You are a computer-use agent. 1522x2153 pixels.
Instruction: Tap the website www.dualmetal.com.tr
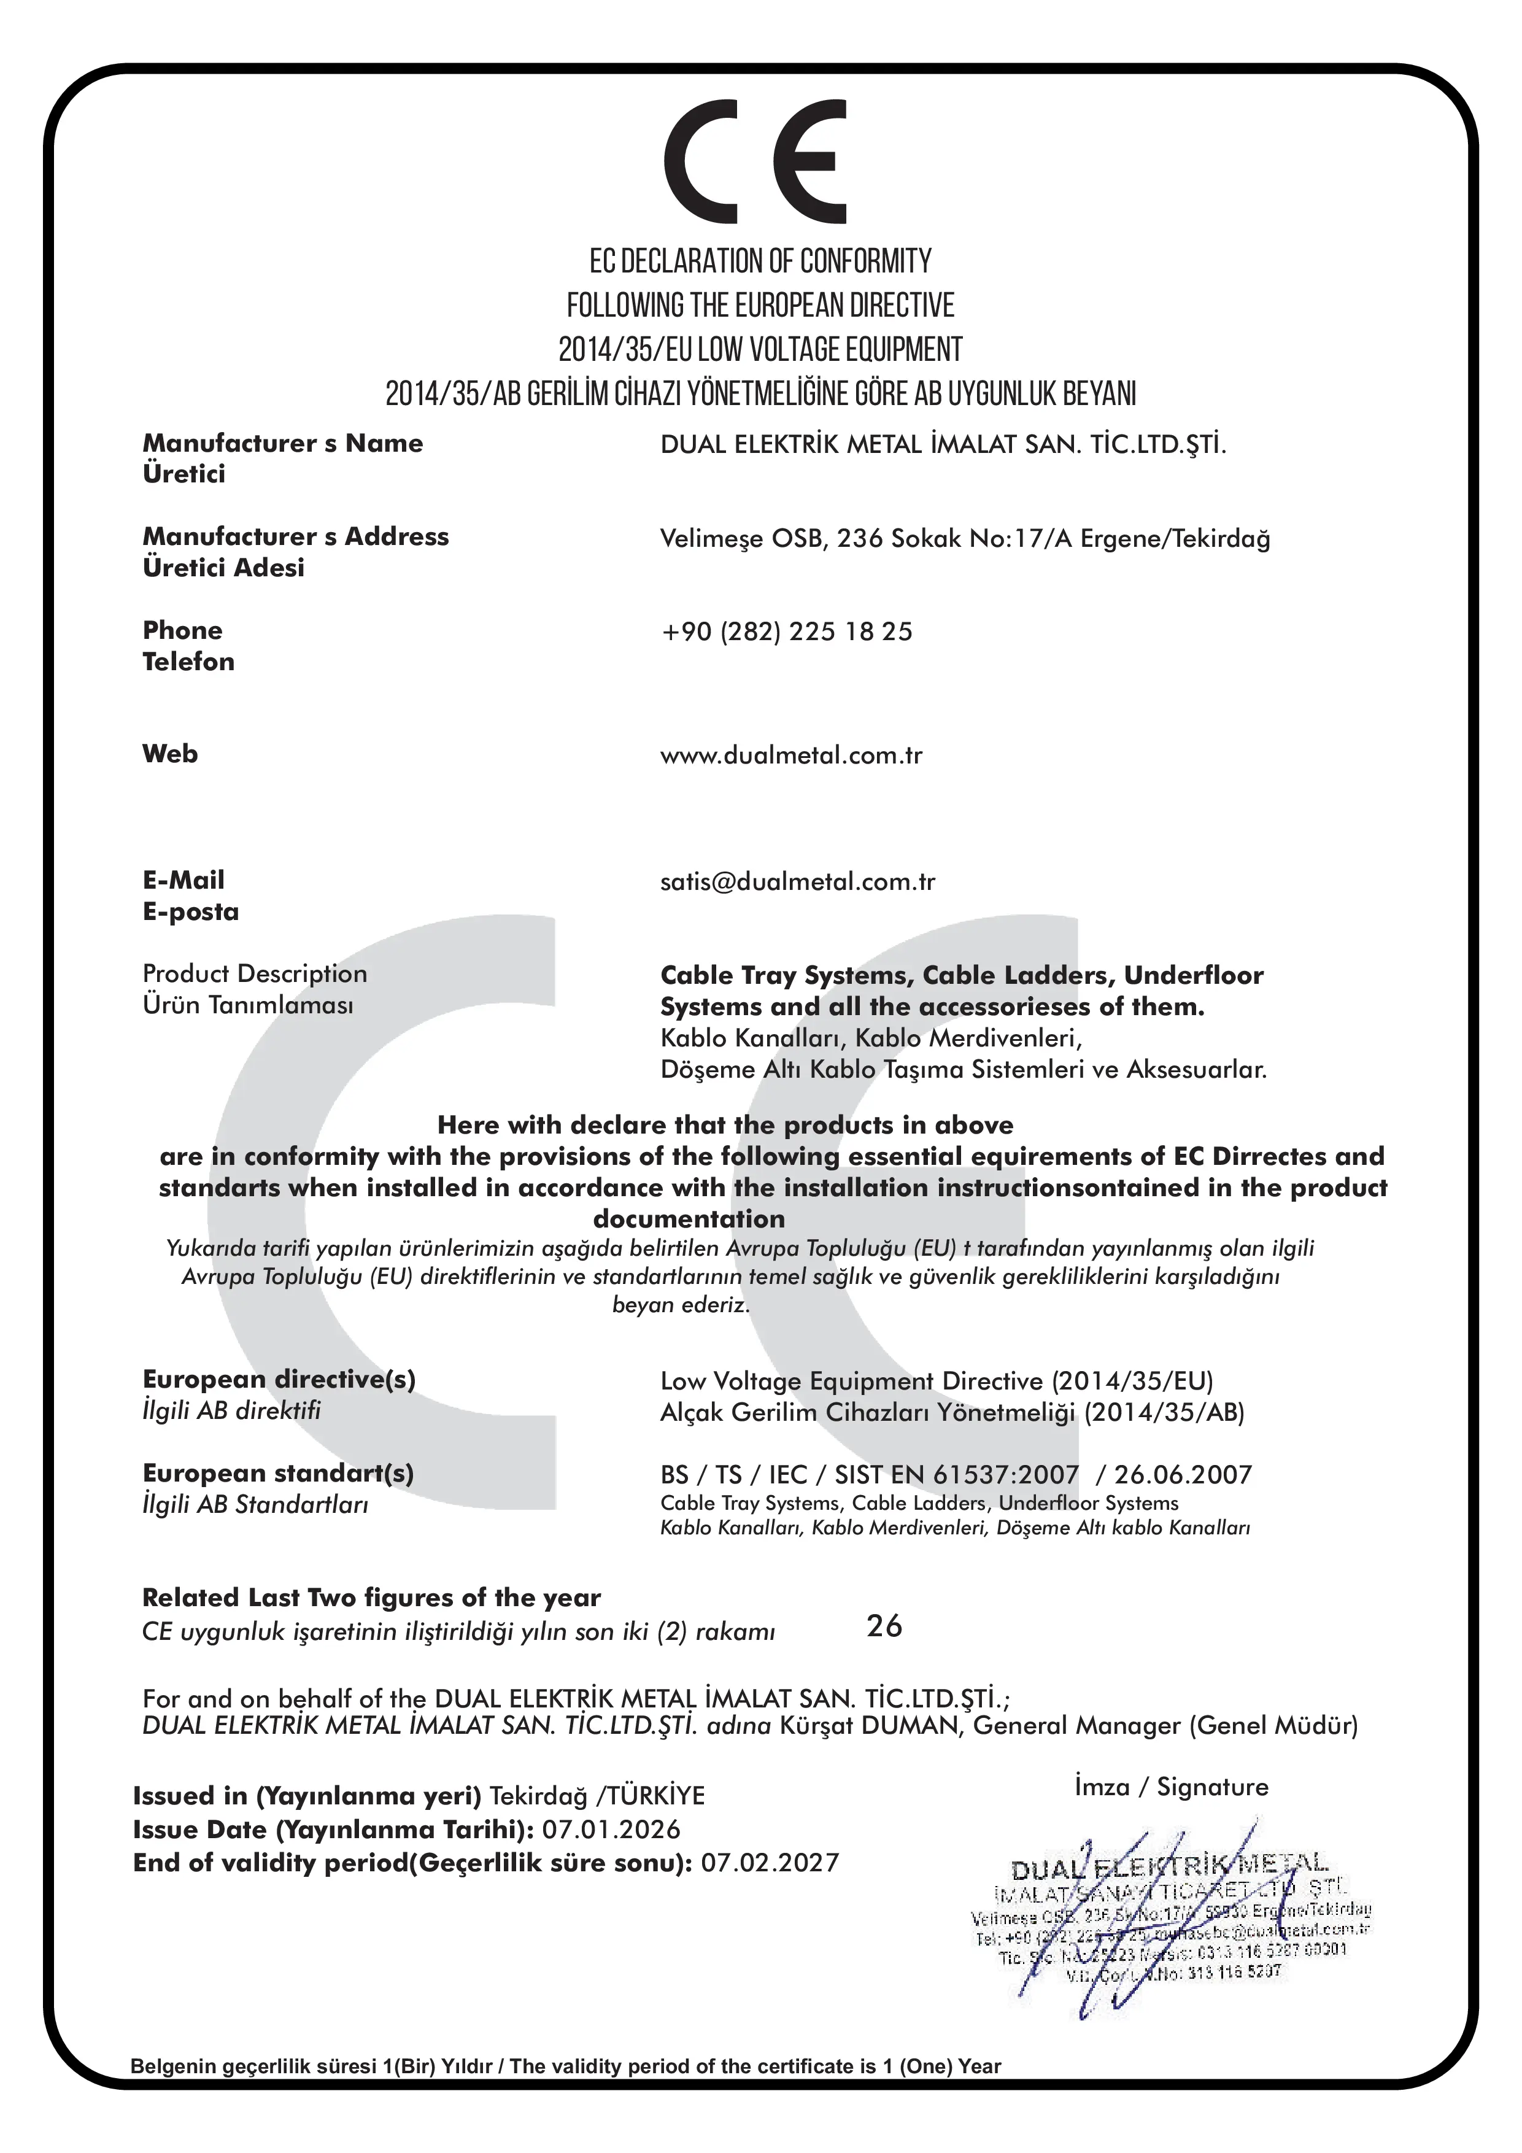pos(790,755)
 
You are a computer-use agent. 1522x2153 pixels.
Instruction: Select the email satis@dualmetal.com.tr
pos(797,881)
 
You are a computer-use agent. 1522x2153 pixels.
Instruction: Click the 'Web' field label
pos(170,753)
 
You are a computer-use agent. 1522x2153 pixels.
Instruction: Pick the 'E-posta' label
pos(190,911)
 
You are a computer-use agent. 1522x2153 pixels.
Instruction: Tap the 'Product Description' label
pos(254,973)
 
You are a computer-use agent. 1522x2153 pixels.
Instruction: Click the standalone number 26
pos(883,1625)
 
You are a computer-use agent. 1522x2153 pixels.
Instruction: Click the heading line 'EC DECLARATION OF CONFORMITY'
pos(760,261)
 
